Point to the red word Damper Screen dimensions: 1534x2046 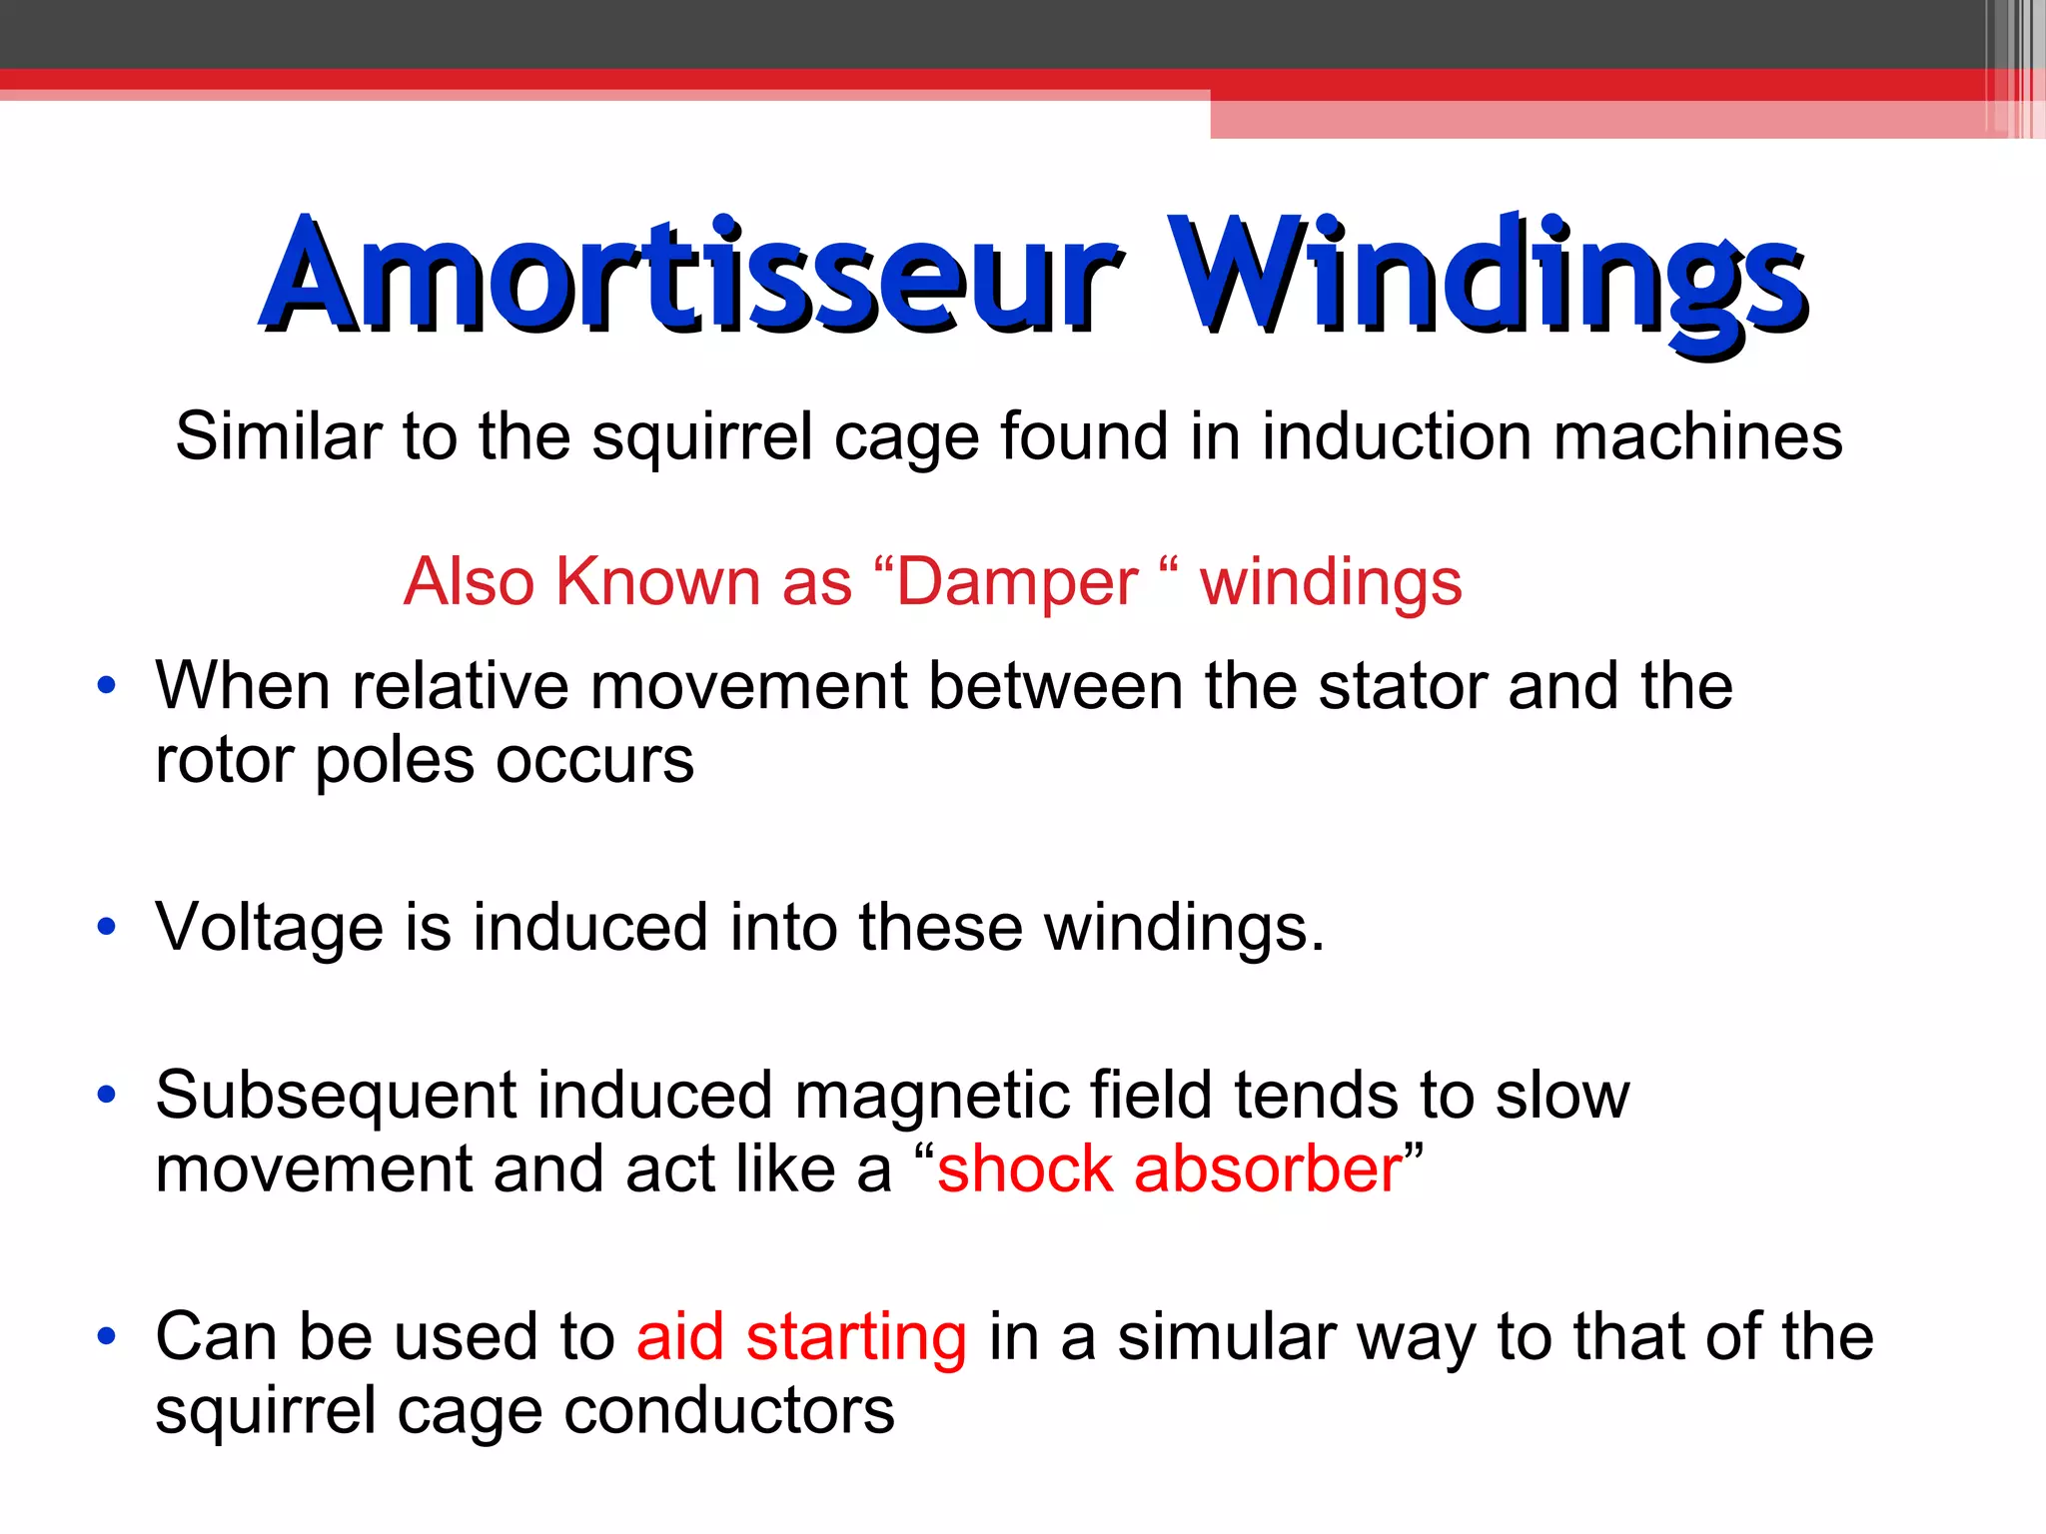[x=1017, y=582]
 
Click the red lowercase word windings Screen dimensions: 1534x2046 [x=1331, y=582]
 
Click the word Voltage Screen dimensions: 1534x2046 [x=269, y=927]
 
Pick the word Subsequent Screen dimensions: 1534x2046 [x=336, y=1095]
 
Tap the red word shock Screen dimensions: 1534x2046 [x=1025, y=1169]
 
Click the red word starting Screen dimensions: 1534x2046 [x=856, y=1337]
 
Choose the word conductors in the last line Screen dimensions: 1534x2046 [x=729, y=1411]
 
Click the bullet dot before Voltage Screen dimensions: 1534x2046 [x=106, y=928]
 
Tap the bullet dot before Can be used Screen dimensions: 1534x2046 [x=106, y=1336]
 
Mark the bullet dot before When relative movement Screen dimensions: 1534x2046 [x=106, y=686]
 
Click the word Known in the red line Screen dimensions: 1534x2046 [x=657, y=582]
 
